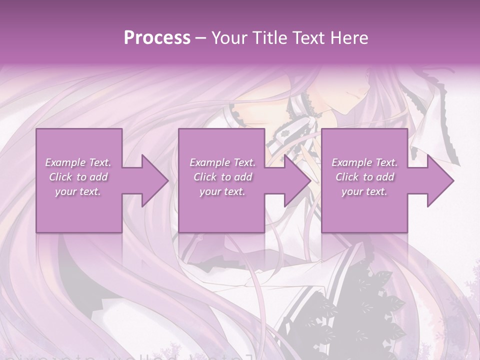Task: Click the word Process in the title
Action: (157, 38)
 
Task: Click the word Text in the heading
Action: (309, 38)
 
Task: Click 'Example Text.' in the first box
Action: (78, 162)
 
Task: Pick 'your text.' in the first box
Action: (78, 191)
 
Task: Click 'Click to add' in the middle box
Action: (222, 177)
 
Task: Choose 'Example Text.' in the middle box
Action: (222, 162)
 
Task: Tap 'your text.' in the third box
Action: (364, 191)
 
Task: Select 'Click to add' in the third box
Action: (364, 177)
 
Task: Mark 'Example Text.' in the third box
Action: (364, 162)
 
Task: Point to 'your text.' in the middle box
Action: (222, 191)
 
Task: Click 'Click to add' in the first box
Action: (78, 177)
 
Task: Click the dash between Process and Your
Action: (201, 38)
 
